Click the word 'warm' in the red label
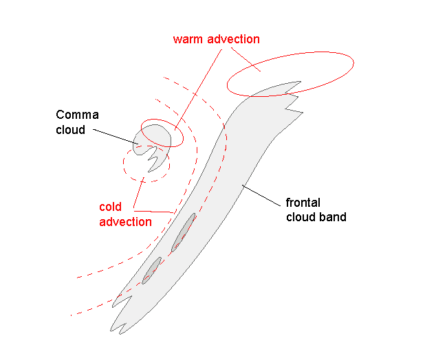pos(188,39)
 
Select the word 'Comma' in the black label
pos(77,115)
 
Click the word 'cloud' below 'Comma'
pos(71,128)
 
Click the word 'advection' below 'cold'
pos(125,221)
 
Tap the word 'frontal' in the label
pos(303,203)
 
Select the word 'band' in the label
pos(333,217)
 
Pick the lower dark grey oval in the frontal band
pos(153,269)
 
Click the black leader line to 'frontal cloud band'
pos(261,194)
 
